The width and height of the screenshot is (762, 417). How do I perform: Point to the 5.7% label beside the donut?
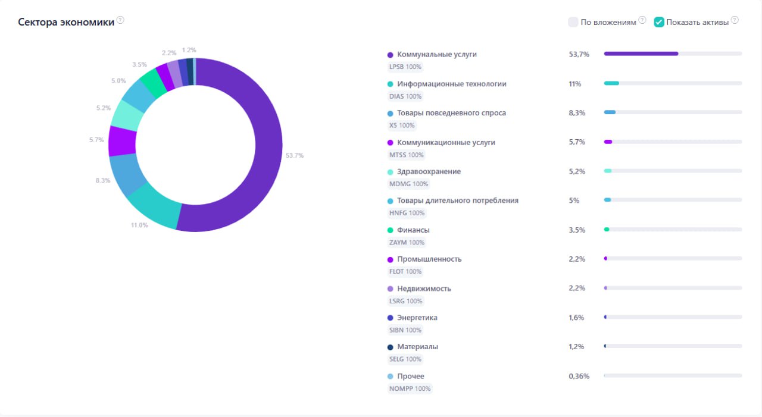(96, 140)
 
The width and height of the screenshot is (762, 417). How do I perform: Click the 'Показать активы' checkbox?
(659, 22)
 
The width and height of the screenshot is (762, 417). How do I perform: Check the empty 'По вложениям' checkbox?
(573, 22)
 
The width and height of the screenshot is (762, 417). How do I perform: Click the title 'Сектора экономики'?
(66, 22)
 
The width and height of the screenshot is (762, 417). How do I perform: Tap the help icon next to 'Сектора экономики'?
(120, 20)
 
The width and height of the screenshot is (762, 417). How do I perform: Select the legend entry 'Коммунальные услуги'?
(437, 54)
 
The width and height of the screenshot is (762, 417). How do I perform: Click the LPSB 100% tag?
(405, 67)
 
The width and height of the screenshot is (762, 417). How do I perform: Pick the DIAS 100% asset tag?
(405, 96)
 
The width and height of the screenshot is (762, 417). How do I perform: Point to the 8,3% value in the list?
(577, 113)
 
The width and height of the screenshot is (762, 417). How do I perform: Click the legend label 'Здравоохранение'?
(429, 172)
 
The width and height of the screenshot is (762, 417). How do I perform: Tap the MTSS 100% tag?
(406, 155)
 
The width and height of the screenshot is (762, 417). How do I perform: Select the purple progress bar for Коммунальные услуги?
(641, 54)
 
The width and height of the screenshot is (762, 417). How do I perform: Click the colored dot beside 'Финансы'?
(390, 230)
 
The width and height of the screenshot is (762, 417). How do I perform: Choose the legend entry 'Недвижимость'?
(424, 289)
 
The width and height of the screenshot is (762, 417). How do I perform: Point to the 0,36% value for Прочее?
(579, 376)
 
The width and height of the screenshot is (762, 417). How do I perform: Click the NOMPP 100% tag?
(410, 389)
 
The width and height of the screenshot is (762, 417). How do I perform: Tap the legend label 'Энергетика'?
(417, 318)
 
